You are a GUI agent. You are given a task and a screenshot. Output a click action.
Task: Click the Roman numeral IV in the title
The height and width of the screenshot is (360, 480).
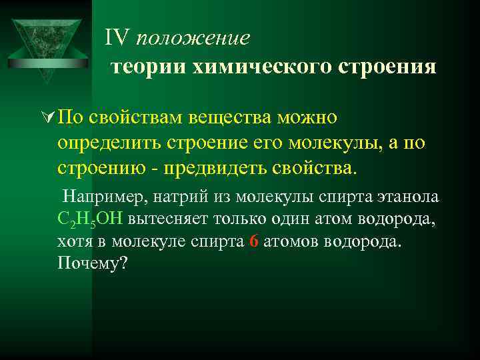click(117, 38)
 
